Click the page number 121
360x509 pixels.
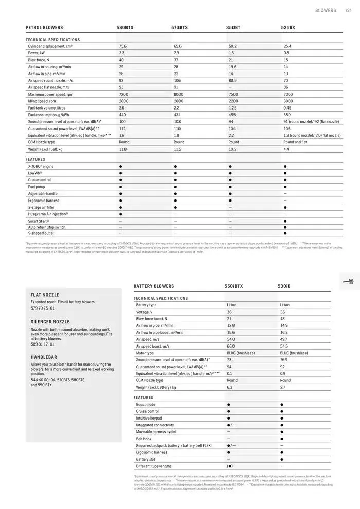(x=348, y=10)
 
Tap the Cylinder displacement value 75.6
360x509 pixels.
(x=122, y=46)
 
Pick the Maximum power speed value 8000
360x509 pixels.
(x=178, y=94)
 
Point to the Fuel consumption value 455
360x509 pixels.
(x=233, y=115)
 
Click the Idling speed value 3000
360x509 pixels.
(x=287, y=101)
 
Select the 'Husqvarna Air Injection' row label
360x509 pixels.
(x=48, y=214)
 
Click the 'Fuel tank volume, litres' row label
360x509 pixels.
(x=47, y=108)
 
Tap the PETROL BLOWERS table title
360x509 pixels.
(x=44, y=27)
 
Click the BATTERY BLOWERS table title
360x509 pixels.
(x=154, y=286)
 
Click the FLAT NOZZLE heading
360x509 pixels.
(x=45, y=295)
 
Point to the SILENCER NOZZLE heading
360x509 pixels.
(x=50, y=321)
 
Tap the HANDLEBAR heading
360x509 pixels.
(x=44, y=357)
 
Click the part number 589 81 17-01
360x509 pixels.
(x=42, y=344)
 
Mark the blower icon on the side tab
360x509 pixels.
(x=350, y=281)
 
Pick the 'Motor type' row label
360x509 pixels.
(x=145, y=353)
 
